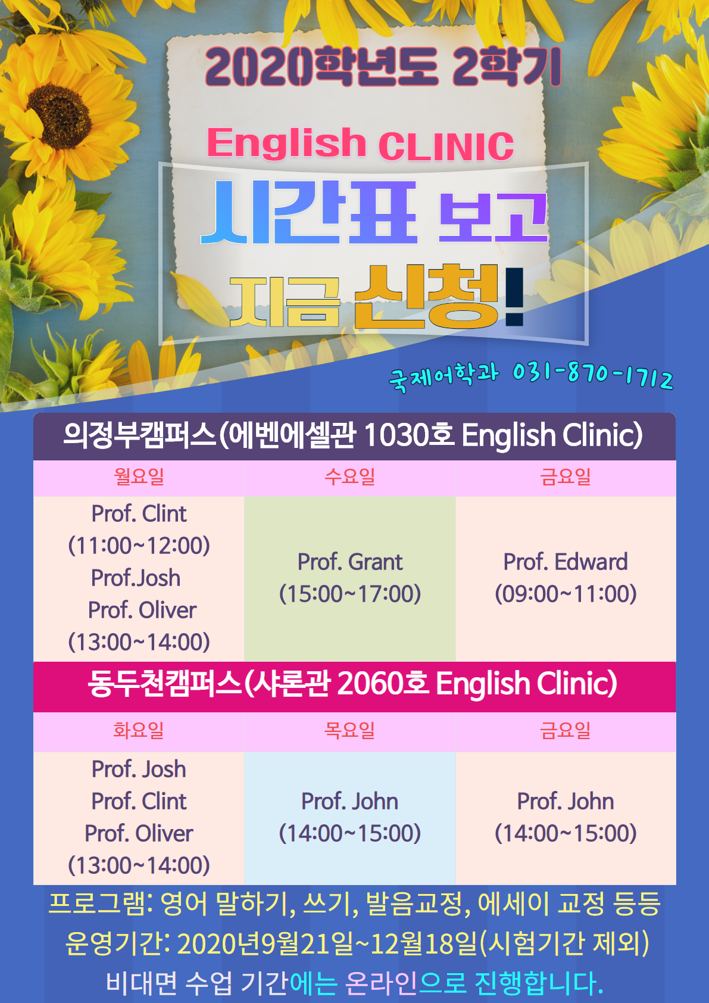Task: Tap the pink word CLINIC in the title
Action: pos(446,147)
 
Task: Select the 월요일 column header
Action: pos(139,476)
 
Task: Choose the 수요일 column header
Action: pos(350,476)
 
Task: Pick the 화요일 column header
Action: pos(139,730)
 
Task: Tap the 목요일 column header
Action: pos(350,730)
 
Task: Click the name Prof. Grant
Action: pos(350,562)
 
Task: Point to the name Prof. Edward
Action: pos(566,562)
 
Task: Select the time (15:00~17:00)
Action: pos(350,594)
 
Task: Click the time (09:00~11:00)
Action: pos(566,594)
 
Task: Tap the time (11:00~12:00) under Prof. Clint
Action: pos(139,546)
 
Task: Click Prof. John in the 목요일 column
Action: pos(350,801)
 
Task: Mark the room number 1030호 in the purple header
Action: pos(409,435)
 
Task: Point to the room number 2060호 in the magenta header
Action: pos(383,684)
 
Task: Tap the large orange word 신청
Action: pos(426,297)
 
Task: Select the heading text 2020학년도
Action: pos(321,67)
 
